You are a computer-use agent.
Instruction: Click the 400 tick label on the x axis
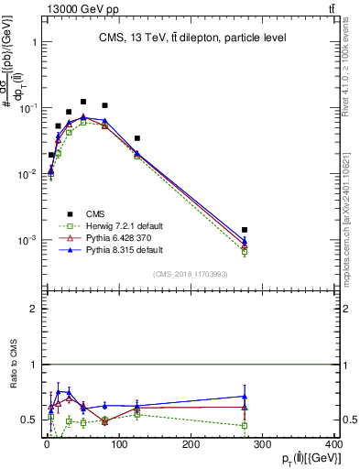pyautogui.click(x=334, y=445)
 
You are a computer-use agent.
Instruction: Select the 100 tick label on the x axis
pyautogui.click(x=118, y=445)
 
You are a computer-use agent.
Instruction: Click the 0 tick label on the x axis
pyautogui.click(x=47, y=445)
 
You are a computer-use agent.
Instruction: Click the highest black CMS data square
pyautogui.click(x=83, y=102)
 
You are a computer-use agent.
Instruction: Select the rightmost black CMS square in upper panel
pyautogui.click(x=245, y=230)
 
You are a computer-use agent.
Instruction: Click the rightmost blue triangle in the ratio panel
pyautogui.click(x=245, y=397)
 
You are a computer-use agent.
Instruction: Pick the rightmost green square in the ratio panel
pyautogui.click(x=245, y=425)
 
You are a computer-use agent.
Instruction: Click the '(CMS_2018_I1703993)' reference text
pyautogui.click(x=190, y=274)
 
